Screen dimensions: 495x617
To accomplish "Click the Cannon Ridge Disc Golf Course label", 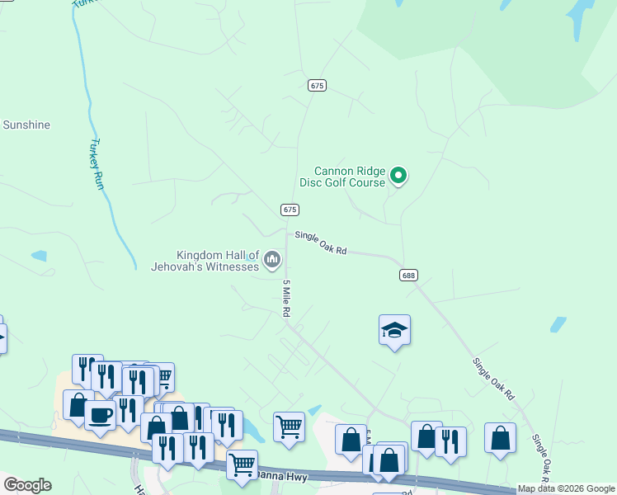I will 349,177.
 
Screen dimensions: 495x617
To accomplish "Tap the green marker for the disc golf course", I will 398,175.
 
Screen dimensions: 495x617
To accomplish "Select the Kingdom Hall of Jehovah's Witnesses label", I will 205,261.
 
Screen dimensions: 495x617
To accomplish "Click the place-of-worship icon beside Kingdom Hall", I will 272,262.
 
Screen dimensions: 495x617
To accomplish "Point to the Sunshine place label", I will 26,125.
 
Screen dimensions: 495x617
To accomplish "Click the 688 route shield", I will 407,275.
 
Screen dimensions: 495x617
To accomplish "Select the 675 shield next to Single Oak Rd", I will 289,210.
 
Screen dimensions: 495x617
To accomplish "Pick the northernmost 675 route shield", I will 318,85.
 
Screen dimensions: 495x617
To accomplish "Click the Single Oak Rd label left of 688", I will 321,242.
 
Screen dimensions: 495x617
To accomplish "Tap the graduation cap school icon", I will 394,330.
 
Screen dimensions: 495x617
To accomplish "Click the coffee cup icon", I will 100,415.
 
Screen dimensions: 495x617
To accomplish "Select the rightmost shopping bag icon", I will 500,438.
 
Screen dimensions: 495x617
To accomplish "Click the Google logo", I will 27,485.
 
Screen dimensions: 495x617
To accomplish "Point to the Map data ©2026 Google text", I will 566,489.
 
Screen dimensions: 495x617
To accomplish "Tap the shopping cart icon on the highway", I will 242,464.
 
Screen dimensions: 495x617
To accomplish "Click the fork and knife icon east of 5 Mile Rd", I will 450,441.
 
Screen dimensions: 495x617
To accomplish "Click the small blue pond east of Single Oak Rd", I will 558,324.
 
